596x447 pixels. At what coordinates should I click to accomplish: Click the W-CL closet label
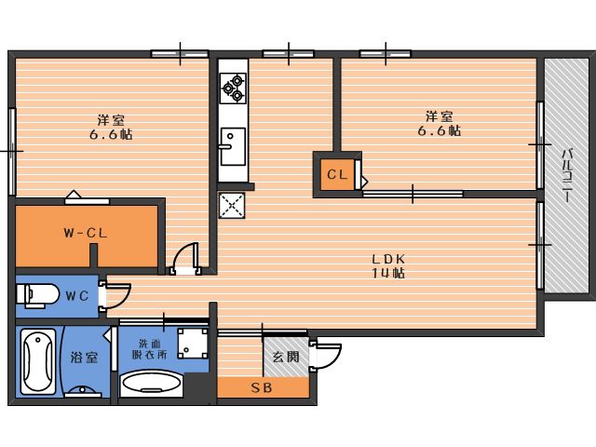coord(87,233)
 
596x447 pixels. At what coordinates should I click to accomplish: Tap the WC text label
coord(76,296)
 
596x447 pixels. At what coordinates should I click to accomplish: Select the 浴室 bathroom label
coord(84,358)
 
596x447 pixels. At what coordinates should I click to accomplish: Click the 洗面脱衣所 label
coord(150,348)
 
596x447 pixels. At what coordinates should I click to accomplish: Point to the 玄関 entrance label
coord(285,357)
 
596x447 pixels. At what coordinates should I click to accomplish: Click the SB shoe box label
coord(262,388)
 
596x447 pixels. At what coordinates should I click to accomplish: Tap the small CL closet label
coord(337,173)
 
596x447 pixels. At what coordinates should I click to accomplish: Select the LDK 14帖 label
coord(388,265)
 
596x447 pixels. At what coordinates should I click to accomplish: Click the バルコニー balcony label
coord(566,176)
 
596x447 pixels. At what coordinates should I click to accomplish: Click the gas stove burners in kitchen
coord(232,88)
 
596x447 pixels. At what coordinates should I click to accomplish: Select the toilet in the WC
coord(37,295)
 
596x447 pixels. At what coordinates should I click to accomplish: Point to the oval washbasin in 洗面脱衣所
coord(149,384)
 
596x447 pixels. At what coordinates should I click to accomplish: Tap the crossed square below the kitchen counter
coord(231,205)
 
